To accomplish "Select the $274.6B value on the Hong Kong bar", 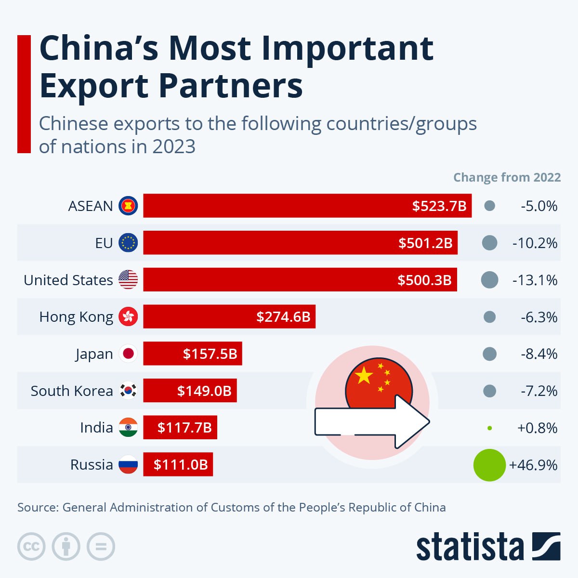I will tap(283, 317).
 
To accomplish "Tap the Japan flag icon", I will tap(128, 354).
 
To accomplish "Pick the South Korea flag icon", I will tap(128, 391).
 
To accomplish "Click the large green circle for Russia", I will tap(489, 465).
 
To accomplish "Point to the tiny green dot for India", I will tap(489, 428).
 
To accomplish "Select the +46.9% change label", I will tap(533, 465).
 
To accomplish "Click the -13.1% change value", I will tap(535, 280).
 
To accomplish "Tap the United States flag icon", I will tap(128, 280).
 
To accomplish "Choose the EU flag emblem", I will tap(128, 243).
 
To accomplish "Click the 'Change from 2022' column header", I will tap(507, 177).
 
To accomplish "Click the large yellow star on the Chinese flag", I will tap(364, 375).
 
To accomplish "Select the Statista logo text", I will tap(470, 547).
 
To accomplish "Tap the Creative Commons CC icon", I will tap(31, 547).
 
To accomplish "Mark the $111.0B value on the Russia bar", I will tap(181, 465).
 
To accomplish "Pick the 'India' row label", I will tap(96, 428).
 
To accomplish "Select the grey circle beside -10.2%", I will tap(489, 243).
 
